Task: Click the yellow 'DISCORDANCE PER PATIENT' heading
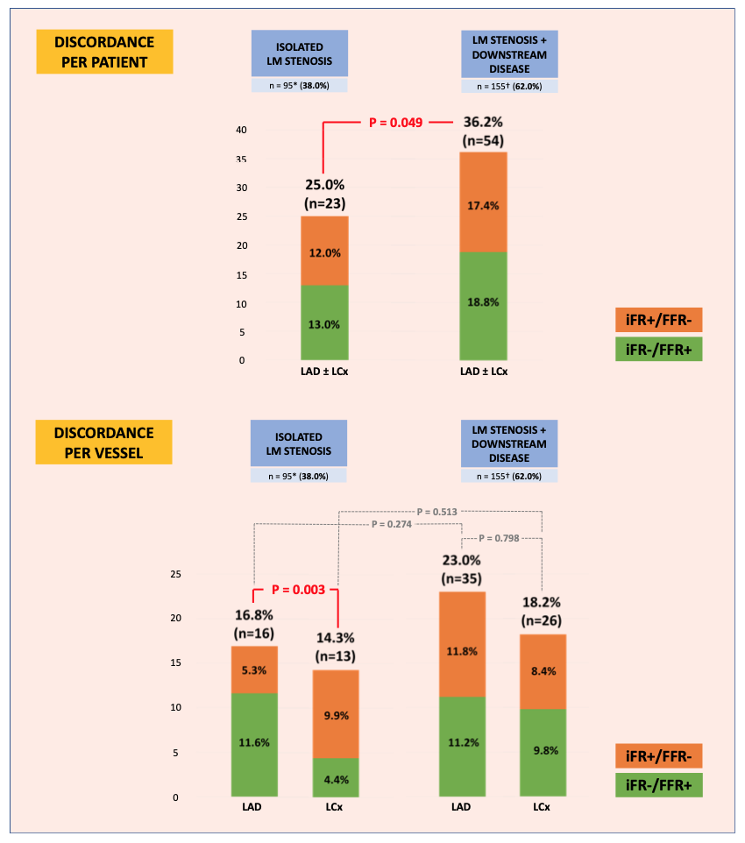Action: click(x=104, y=52)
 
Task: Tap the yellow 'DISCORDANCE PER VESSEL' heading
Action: click(x=104, y=443)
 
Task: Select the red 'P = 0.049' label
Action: click(x=395, y=124)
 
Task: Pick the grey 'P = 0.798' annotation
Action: click(x=501, y=538)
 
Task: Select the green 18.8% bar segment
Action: click(x=483, y=306)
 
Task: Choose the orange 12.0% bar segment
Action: click(x=324, y=251)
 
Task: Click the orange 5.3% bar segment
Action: click(x=254, y=669)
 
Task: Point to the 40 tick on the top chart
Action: click(x=241, y=131)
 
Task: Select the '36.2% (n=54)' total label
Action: click(x=483, y=132)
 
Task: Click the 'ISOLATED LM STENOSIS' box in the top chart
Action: click(x=299, y=53)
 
